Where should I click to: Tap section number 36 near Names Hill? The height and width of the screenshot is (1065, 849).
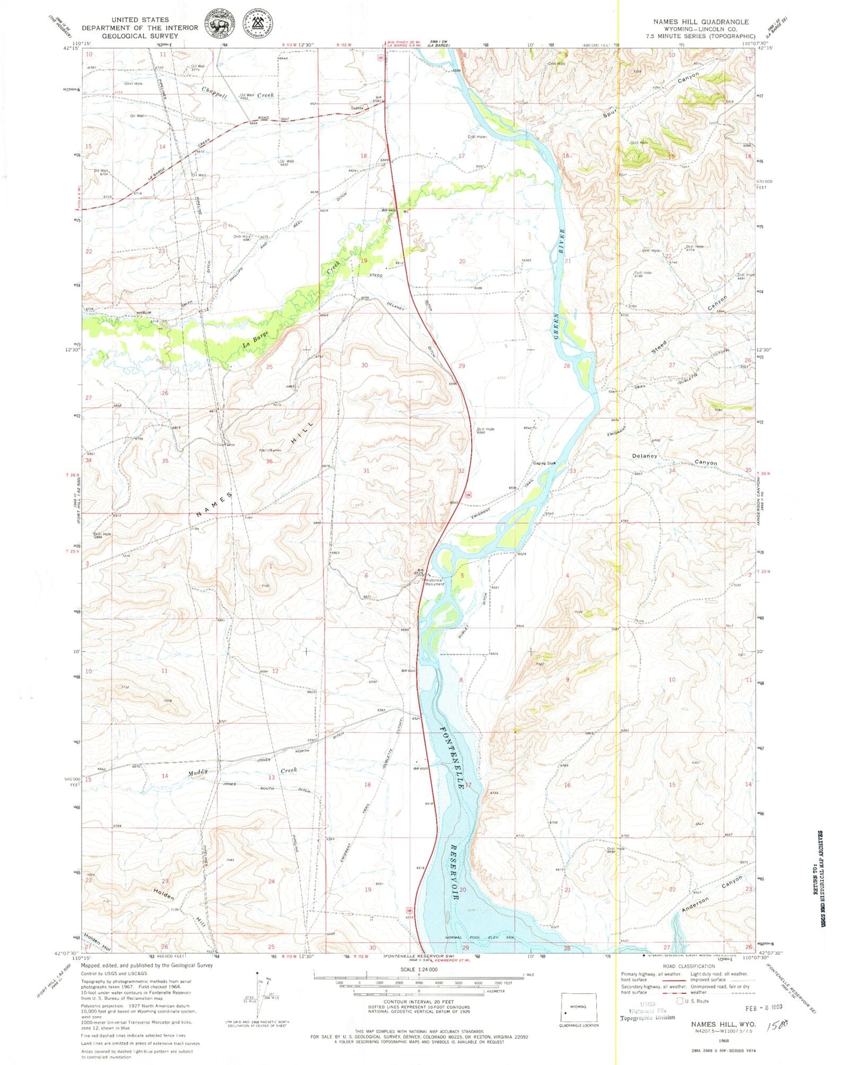click(269, 462)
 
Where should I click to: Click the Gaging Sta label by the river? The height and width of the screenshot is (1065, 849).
click(544, 463)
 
